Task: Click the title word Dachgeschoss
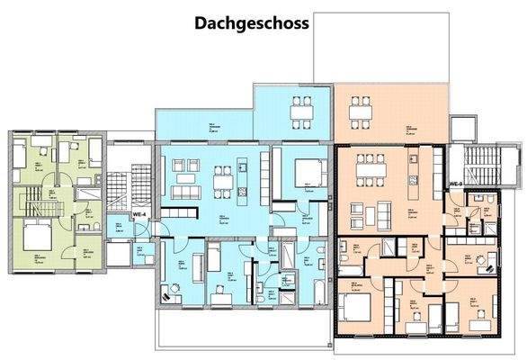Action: (x=251, y=23)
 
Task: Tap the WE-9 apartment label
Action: (x=456, y=183)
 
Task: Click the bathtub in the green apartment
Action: (x=91, y=192)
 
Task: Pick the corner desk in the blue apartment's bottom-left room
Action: (x=169, y=292)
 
